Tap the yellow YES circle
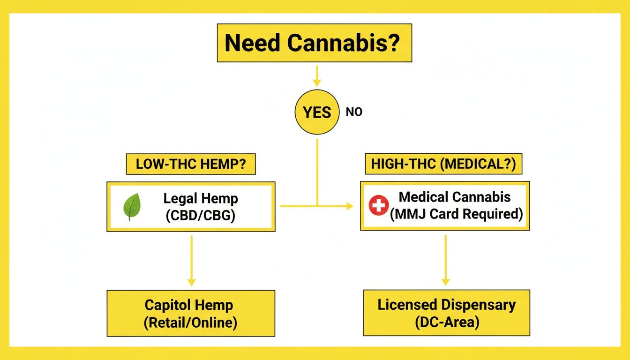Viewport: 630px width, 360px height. coord(317,112)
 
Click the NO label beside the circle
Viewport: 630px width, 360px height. coord(354,112)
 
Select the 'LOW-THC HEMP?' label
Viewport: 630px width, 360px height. coord(190,165)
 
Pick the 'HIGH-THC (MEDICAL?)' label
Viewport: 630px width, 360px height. coord(443,165)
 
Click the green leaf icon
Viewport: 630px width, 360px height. coord(132,207)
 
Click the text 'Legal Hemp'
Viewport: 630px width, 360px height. coord(201,198)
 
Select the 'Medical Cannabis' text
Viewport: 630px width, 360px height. coord(455,197)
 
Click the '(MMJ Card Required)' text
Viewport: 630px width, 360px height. coord(456,214)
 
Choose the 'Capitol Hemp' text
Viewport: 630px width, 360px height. coord(188,305)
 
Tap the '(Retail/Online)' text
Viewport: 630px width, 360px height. coord(190,322)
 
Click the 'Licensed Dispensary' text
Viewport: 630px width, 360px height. coord(446,305)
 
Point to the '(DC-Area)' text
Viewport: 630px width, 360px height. coord(446,322)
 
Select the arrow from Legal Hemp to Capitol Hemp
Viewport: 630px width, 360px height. coord(191,260)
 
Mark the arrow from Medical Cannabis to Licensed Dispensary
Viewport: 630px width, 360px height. coord(445,260)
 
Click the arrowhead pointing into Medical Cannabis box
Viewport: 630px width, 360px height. coord(349,206)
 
